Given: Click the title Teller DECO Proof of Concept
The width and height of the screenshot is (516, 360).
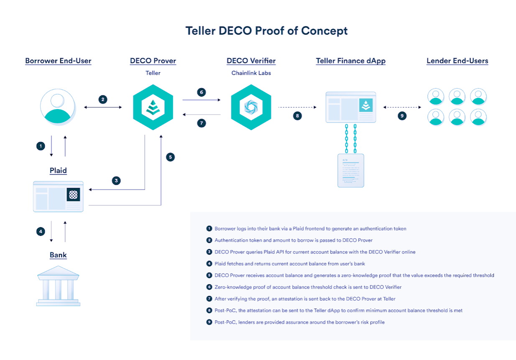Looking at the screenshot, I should tap(266, 31).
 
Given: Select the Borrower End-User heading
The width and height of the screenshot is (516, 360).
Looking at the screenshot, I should tap(58, 61).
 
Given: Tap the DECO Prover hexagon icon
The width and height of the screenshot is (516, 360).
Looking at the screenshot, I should tap(153, 107).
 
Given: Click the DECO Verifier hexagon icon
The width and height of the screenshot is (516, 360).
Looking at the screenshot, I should tap(251, 107).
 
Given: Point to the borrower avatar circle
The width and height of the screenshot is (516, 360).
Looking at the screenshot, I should tap(58, 107).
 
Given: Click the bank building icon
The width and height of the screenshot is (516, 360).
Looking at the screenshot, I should tap(58, 286).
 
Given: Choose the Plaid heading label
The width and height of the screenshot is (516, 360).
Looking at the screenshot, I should tap(58, 171).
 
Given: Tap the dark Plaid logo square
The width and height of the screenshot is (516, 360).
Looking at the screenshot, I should tap(73, 195).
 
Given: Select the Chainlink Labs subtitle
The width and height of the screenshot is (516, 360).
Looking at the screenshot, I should tap(251, 73).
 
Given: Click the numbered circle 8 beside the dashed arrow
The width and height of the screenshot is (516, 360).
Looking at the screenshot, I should tap(297, 116).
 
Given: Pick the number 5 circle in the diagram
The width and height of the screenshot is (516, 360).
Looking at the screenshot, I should tap(170, 157).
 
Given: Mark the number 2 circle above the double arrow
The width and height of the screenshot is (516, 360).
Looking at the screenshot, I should tap(102, 100).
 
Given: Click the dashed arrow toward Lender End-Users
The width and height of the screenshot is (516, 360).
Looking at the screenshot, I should tap(402, 107).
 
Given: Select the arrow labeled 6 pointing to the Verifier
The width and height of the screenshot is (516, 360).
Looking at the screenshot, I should tap(201, 100).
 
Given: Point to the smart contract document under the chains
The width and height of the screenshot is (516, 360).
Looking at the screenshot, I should tap(350, 170).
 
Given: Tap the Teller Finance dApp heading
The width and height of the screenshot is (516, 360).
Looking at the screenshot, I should tap(350, 61).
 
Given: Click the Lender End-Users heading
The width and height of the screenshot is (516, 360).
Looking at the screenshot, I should tap(457, 61).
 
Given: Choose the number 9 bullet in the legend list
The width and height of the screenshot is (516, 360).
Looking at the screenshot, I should tap(209, 322).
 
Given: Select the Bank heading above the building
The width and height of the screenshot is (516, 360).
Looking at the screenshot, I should tap(58, 255).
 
